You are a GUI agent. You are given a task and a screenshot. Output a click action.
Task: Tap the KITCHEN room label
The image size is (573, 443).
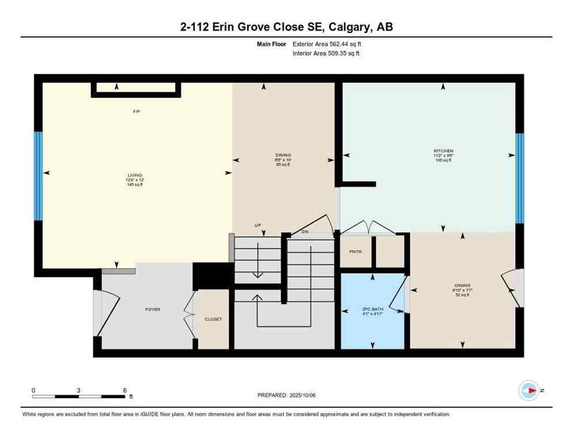pyautogui.click(x=443, y=151)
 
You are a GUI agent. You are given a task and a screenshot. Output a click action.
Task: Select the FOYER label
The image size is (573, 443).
pyautogui.click(x=152, y=310)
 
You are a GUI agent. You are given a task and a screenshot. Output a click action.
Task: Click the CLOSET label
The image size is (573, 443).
pyautogui.click(x=213, y=319)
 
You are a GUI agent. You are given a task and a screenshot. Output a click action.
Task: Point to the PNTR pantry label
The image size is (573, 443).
pyautogui.click(x=355, y=251)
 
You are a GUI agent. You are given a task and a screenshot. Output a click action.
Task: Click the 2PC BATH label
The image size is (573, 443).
pyautogui.click(x=372, y=309)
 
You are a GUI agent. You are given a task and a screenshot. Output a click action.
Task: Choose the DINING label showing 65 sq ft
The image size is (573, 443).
pyautogui.click(x=283, y=155)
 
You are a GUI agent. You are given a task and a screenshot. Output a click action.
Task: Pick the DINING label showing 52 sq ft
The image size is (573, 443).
pyautogui.click(x=462, y=286)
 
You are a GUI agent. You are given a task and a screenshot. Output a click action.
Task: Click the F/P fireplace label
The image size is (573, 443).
pyautogui.click(x=137, y=111)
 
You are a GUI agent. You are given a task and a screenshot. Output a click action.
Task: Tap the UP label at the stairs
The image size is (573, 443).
pyautogui.click(x=258, y=225)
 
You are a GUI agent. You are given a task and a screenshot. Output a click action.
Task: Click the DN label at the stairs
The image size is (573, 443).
pyautogui.click(x=306, y=232)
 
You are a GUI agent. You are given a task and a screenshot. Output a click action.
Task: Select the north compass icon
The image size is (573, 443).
pyautogui.click(x=529, y=391)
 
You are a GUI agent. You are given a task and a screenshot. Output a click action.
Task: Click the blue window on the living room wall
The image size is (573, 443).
pyautogui.click(x=38, y=176)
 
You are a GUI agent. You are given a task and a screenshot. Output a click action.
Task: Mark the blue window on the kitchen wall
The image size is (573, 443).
pyautogui.click(x=519, y=178)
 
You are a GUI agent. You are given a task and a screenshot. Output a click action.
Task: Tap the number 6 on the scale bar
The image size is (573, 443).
pyautogui.click(x=125, y=390)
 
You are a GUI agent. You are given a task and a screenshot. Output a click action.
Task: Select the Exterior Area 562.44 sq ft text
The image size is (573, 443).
pyautogui.click(x=327, y=43)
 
